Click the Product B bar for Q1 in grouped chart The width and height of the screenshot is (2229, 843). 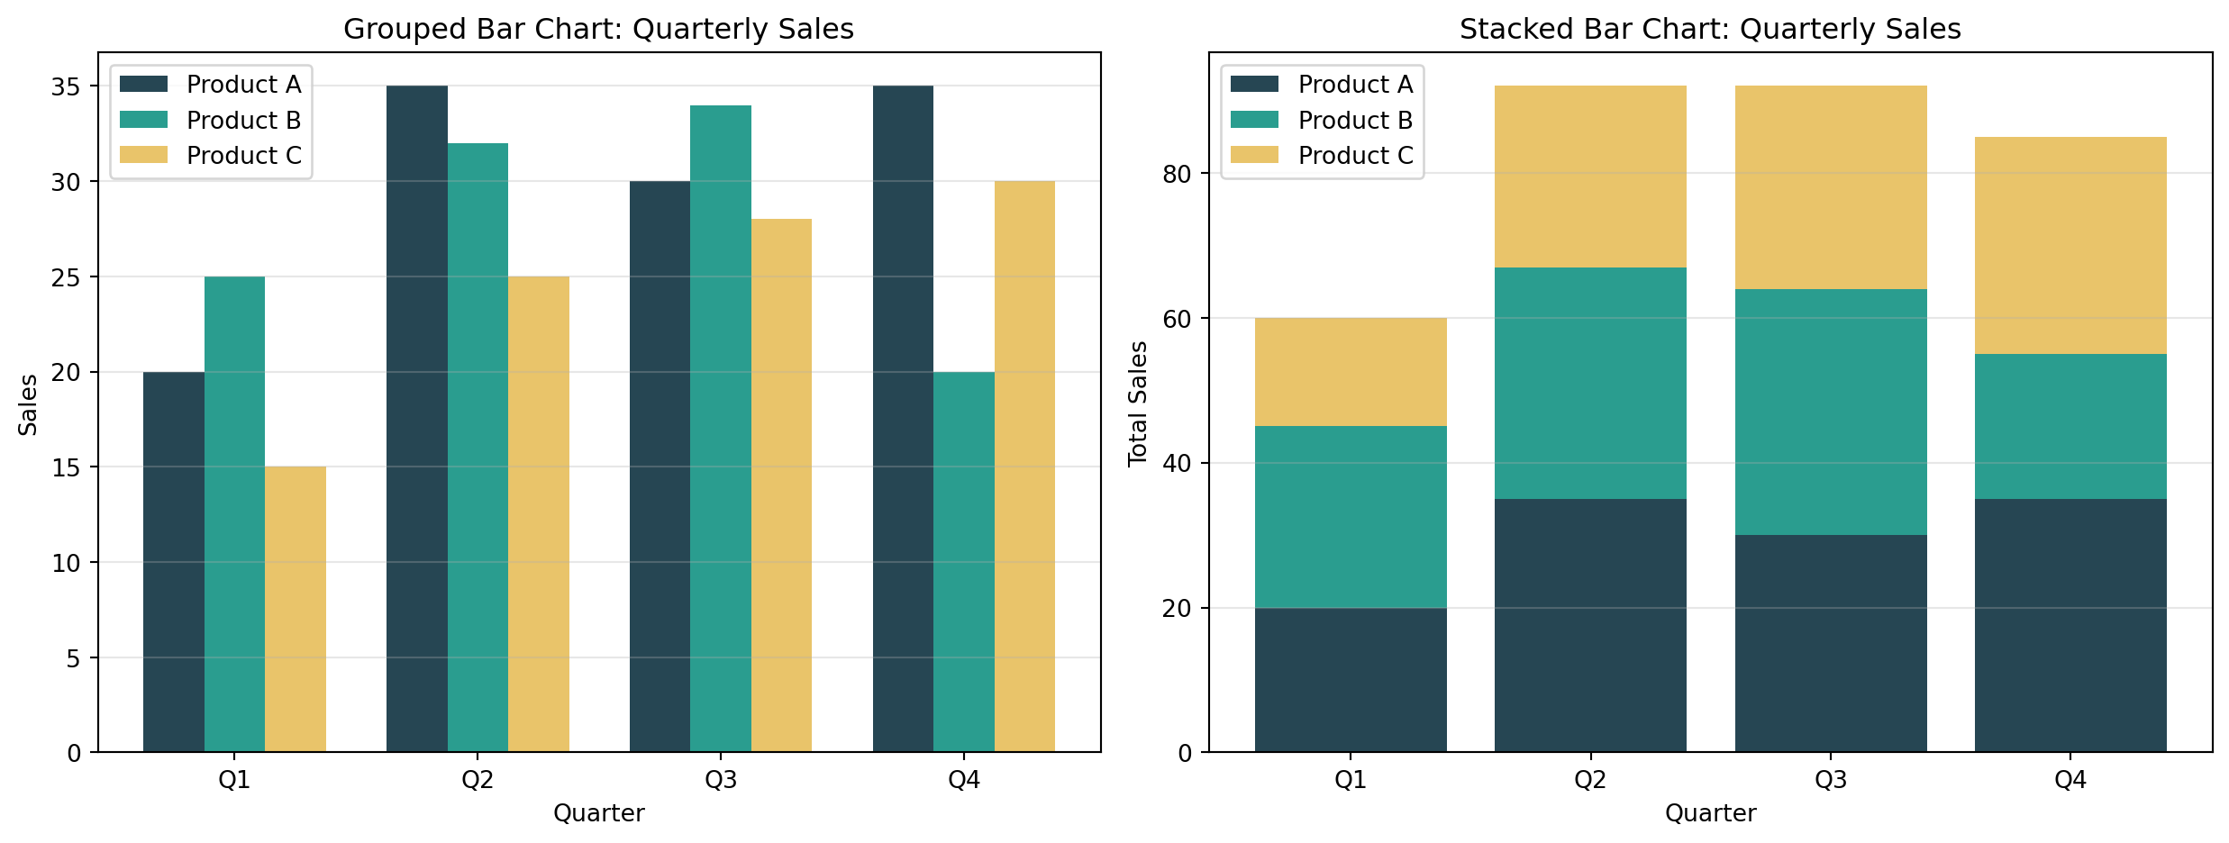pyautogui.click(x=234, y=513)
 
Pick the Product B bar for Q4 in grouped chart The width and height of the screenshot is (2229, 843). pyautogui.click(x=964, y=562)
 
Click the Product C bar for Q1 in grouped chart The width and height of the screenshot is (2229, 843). pyautogui.click(x=296, y=609)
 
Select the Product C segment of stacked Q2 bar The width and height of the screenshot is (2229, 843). pyautogui.click(x=1590, y=177)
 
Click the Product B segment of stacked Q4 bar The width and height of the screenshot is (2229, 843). pyautogui.click(x=2070, y=426)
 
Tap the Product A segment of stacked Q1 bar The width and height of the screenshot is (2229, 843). pyautogui.click(x=1351, y=680)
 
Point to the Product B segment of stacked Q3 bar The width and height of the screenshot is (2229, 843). pyautogui.click(x=1831, y=412)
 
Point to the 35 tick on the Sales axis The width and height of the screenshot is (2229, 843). pyautogui.click(x=66, y=87)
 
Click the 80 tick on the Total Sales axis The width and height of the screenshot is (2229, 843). pyautogui.click(x=1176, y=174)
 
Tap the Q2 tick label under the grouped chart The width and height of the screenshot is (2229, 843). pyautogui.click(x=478, y=780)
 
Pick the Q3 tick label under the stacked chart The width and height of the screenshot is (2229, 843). pyautogui.click(x=1831, y=780)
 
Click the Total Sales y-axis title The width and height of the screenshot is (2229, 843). pyautogui.click(x=1138, y=403)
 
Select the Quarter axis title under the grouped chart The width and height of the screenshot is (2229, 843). pyautogui.click(x=599, y=813)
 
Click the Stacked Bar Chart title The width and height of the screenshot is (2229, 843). pyautogui.click(x=1710, y=30)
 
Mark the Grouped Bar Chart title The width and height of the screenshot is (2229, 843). pyautogui.click(x=599, y=30)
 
